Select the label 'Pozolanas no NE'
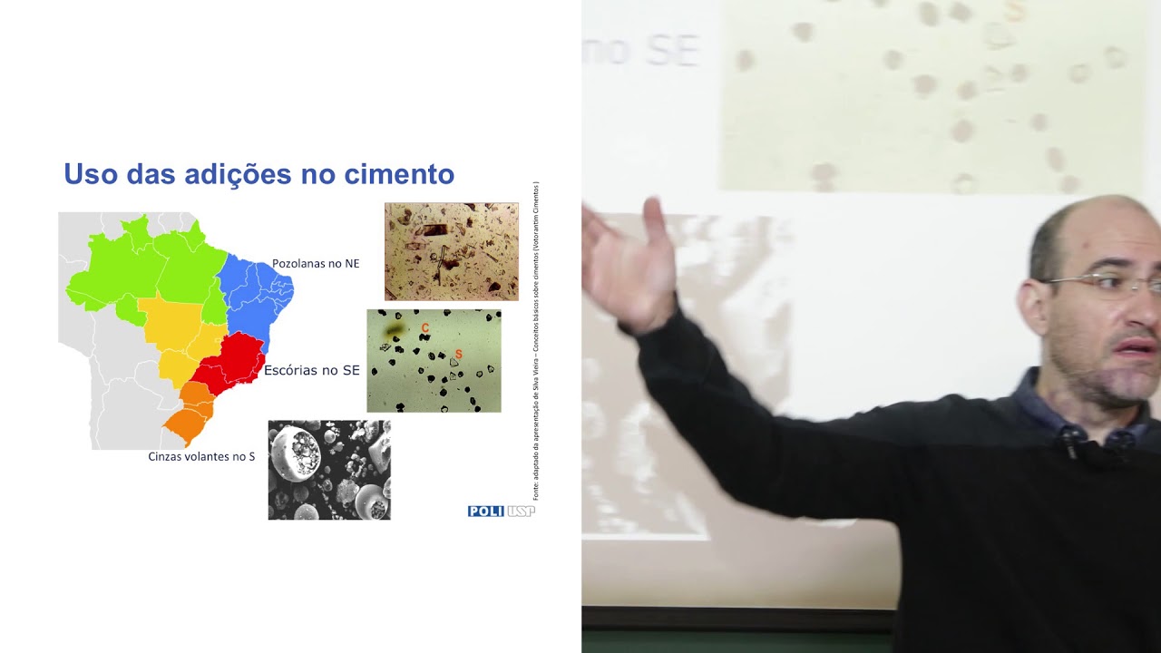click(x=316, y=264)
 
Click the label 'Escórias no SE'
click(x=311, y=370)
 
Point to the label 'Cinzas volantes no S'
click(x=201, y=456)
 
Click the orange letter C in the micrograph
click(x=425, y=327)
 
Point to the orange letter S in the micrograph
click(x=458, y=354)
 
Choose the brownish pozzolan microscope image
click(x=451, y=251)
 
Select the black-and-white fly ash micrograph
click(x=329, y=470)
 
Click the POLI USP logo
click(x=501, y=512)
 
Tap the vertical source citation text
click(x=536, y=340)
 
